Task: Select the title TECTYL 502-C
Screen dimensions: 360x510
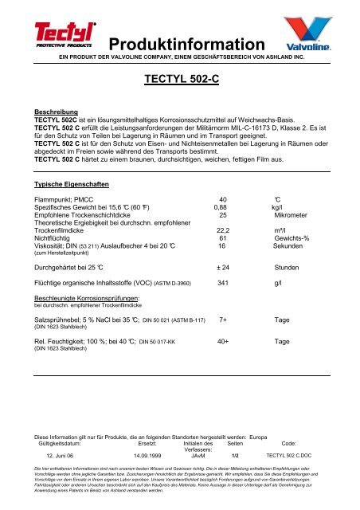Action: pos(180,80)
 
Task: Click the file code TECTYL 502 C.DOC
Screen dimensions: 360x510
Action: pos(289,455)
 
